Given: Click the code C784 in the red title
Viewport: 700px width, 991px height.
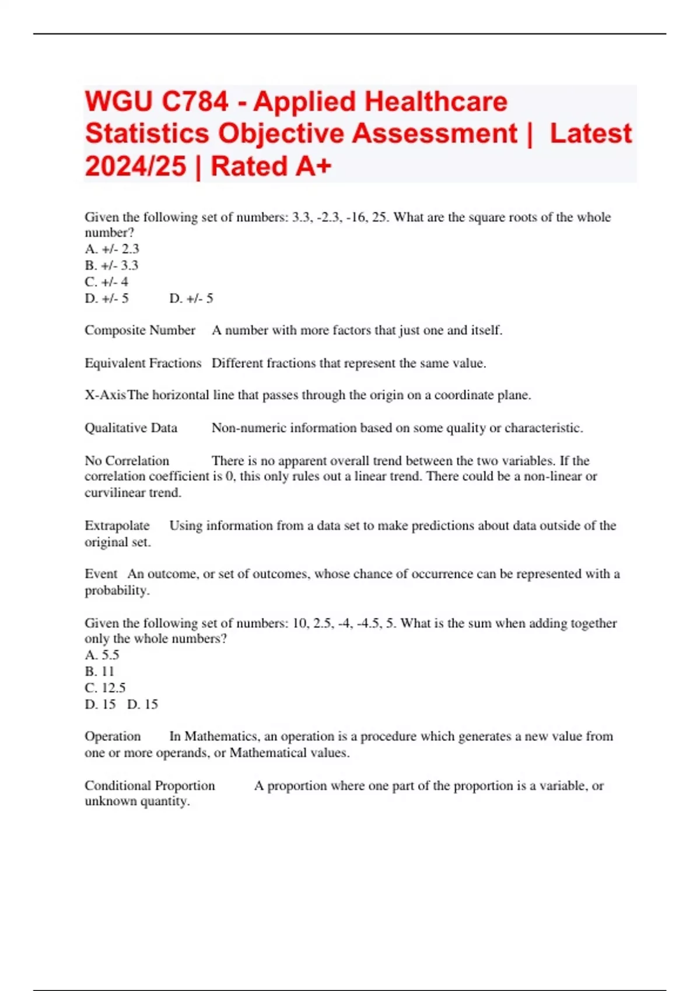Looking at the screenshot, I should point(195,102).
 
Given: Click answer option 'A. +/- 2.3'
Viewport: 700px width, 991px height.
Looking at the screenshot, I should point(112,249).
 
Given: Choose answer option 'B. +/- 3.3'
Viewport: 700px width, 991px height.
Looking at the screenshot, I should point(111,265).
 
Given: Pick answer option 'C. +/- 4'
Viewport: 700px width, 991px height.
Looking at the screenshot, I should point(106,282).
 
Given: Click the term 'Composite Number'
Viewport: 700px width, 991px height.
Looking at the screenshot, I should point(140,331).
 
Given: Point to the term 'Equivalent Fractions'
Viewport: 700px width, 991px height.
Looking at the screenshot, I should point(143,363).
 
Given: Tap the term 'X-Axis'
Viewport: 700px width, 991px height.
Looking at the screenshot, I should point(105,395).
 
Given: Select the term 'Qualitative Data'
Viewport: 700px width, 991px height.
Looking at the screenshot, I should point(131,428).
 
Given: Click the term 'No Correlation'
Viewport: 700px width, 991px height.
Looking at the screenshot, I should point(127,461).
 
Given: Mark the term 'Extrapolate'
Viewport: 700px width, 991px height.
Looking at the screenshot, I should point(117,526).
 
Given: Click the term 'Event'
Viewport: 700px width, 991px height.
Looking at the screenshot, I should point(101,574).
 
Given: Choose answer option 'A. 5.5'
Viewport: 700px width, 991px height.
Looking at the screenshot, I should point(102,655).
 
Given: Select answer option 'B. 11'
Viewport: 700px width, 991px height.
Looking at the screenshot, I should point(100,672).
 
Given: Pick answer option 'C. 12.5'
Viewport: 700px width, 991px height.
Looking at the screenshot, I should point(105,688).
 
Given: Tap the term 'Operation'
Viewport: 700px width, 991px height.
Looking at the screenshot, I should point(113,736).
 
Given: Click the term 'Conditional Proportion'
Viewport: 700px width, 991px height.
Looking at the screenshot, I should point(150,786).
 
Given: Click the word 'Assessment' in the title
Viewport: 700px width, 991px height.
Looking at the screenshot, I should point(435,133).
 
